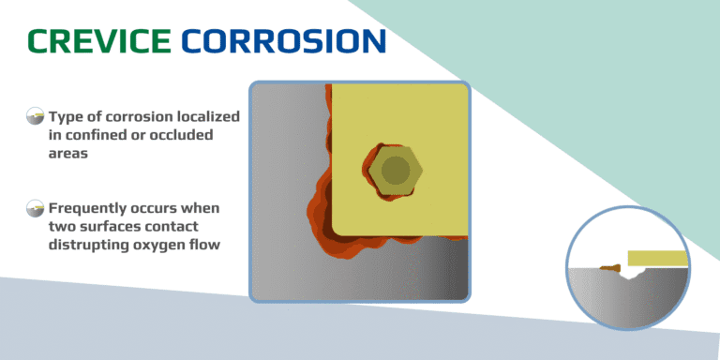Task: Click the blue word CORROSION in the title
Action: (x=283, y=40)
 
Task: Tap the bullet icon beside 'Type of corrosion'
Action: (x=36, y=117)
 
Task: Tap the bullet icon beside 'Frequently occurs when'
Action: (x=36, y=207)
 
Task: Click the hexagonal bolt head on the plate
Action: (x=396, y=171)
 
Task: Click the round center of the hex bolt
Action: (x=396, y=171)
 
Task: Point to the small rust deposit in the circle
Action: (x=611, y=269)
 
